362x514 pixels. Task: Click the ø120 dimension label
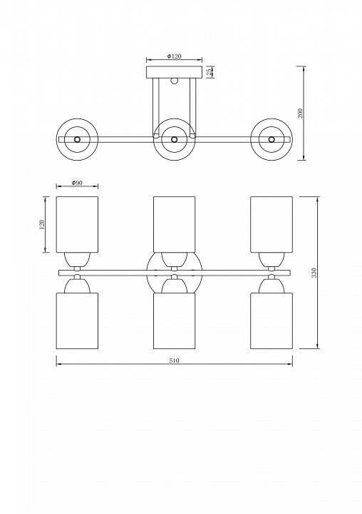pos(174,56)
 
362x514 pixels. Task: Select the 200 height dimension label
pos(301,113)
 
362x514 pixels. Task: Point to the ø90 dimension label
pos(77,183)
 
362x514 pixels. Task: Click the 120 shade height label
pos(41,225)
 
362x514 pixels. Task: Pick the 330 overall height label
pos(314,273)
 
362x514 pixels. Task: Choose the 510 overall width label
pos(175,361)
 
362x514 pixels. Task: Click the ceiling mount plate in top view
pos(174,72)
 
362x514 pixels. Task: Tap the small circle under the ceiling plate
pos(175,81)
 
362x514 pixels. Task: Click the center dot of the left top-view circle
pos(77,139)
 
